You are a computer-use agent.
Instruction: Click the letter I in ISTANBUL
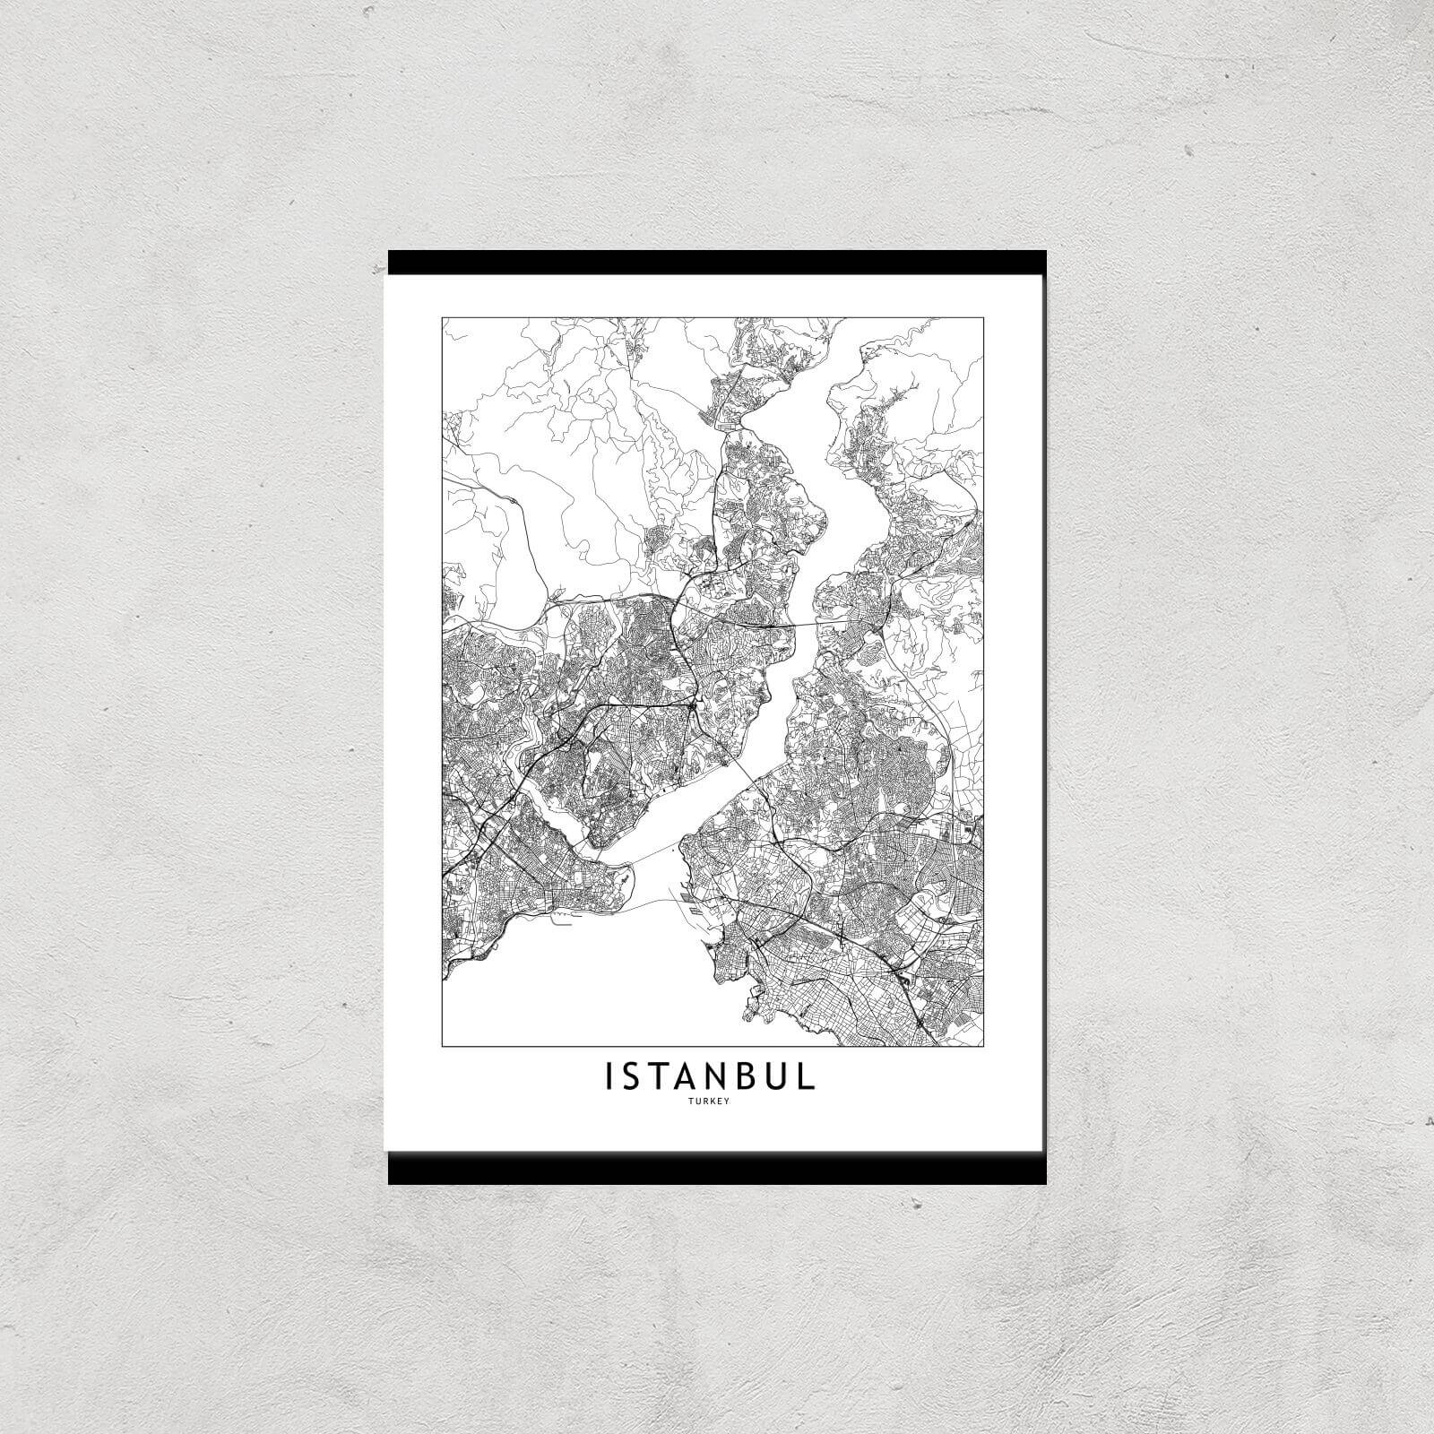tap(610, 1077)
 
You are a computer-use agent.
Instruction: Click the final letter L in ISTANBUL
tap(808, 1077)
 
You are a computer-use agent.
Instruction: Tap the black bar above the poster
tap(717, 262)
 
